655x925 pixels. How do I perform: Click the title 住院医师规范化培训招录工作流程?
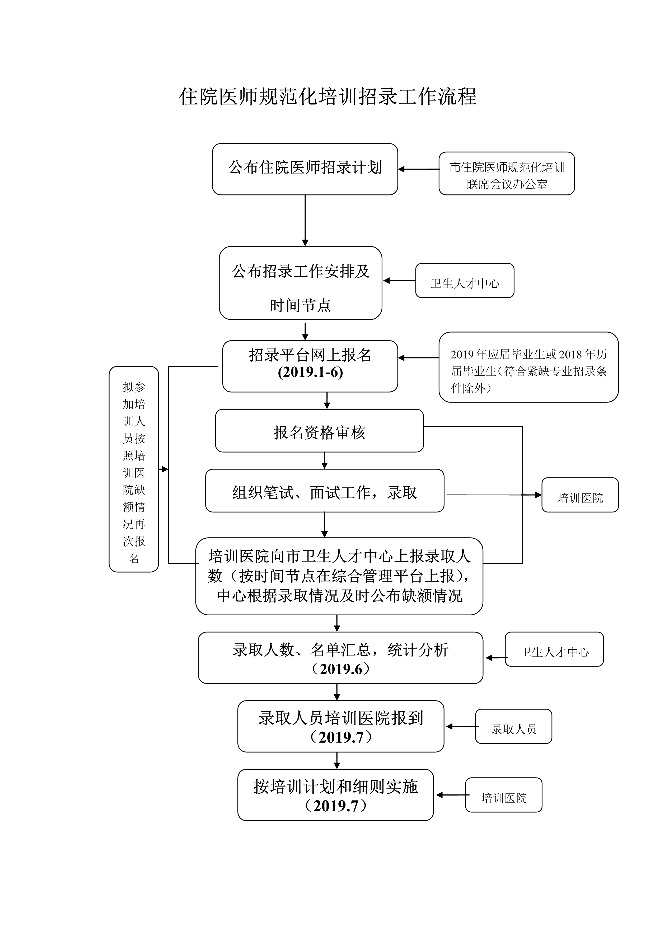pyautogui.click(x=327, y=97)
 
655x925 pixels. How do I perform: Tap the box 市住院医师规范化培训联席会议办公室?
pyautogui.click(x=506, y=174)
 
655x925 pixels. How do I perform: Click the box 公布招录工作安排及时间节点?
pyautogui.click(x=301, y=283)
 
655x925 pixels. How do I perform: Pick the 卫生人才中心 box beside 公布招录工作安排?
pyautogui.click(x=465, y=281)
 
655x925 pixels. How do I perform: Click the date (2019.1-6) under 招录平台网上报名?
pyautogui.click(x=310, y=372)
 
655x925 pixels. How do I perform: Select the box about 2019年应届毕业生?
pyautogui.click(x=528, y=367)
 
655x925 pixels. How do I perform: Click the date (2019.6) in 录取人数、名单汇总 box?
pyautogui.click(x=341, y=669)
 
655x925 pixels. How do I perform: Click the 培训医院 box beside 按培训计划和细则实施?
pyautogui.click(x=503, y=795)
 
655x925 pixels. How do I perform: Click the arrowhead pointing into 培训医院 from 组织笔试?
pyautogui.click(x=538, y=495)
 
